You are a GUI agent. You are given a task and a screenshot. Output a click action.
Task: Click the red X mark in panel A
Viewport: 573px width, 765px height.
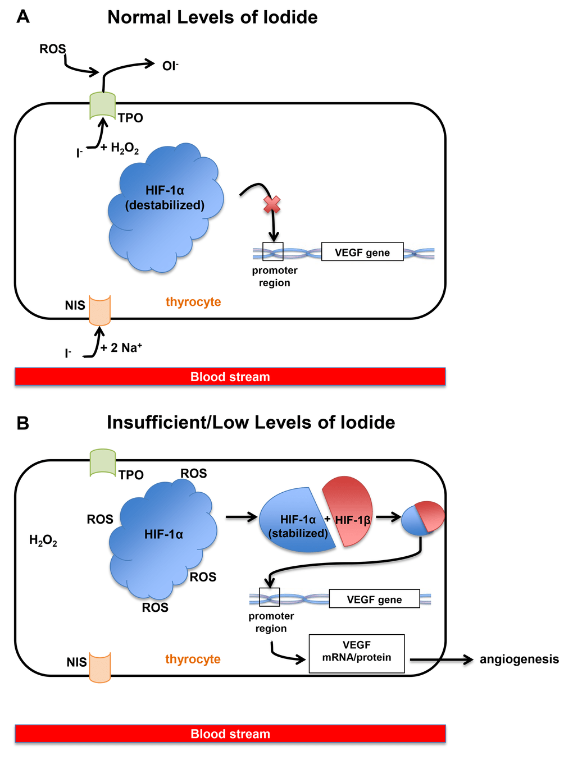[x=272, y=205]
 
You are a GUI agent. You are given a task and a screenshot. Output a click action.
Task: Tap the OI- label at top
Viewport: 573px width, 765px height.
[x=170, y=66]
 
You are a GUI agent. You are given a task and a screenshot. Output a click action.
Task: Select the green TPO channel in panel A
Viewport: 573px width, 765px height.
[x=102, y=106]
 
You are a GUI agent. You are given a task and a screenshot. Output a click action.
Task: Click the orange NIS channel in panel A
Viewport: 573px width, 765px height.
[x=100, y=310]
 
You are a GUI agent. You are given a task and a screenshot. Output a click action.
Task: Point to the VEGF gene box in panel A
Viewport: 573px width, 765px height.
[x=362, y=252]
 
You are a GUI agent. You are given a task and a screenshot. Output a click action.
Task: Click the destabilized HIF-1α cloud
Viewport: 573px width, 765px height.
[x=165, y=208]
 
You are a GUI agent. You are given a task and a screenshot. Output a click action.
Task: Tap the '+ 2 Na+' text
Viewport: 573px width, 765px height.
[x=121, y=348]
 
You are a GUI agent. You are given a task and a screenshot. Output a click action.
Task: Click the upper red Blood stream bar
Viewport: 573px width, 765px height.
[x=230, y=377]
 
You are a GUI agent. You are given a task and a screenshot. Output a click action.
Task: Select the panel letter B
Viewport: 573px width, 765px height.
[x=22, y=423]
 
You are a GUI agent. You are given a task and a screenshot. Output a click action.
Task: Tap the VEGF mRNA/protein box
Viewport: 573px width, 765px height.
[x=357, y=653]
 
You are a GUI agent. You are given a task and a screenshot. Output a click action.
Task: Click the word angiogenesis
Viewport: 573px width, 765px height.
[x=519, y=659]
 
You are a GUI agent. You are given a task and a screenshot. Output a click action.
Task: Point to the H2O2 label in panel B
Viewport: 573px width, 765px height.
[x=43, y=540]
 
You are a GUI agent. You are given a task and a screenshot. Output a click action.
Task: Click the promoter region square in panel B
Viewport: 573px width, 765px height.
[x=269, y=597]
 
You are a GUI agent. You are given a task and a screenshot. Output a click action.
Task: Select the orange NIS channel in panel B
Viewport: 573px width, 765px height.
[x=100, y=667]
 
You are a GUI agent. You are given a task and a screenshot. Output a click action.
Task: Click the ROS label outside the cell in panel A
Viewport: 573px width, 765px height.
[x=52, y=49]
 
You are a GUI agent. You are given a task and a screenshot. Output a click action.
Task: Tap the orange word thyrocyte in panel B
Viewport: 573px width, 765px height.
[x=193, y=659]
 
